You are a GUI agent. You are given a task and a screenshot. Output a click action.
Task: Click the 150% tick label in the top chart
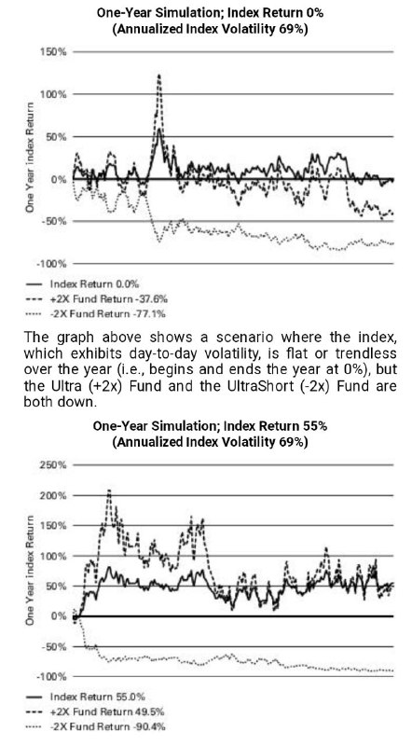tap(55, 52)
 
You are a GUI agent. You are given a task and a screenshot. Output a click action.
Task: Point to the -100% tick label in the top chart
tap(53, 264)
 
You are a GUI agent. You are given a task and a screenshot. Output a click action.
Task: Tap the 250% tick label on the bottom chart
tap(54, 464)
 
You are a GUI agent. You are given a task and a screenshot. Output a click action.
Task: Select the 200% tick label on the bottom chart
tap(54, 495)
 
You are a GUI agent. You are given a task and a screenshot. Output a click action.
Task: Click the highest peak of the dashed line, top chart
tap(158, 75)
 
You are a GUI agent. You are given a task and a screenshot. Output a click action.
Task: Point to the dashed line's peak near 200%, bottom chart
tap(109, 490)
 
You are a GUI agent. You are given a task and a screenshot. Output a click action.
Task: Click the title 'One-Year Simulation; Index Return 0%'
tap(210, 13)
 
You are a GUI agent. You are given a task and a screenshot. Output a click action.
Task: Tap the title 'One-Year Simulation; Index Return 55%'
tap(210, 425)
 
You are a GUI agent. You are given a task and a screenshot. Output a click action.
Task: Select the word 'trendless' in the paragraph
tap(367, 354)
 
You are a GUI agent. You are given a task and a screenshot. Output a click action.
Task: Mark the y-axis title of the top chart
tap(30, 157)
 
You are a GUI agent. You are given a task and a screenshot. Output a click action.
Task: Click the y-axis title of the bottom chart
tap(30, 570)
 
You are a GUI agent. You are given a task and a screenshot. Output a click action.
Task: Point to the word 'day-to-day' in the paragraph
tap(193, 354)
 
